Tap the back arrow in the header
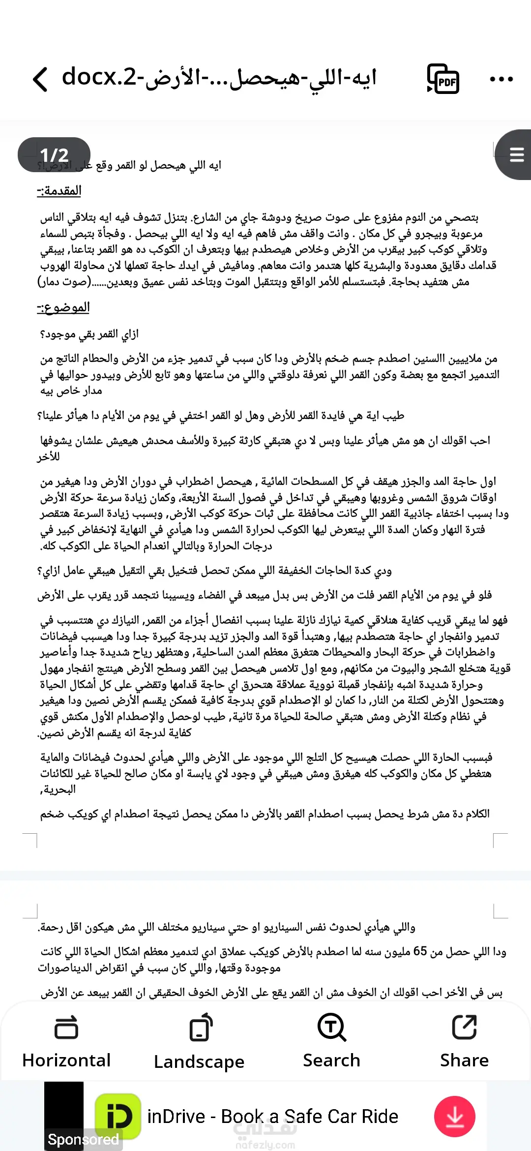coord(40,79)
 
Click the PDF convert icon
coord(443,79)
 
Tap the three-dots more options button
coord(501,79)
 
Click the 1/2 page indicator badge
coord(54,155)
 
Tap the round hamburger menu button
coord(516,155)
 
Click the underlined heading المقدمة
coord(59,191)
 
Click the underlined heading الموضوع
coord(63,308)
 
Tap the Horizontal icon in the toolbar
coord(66,1028)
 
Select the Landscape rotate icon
coord(200,1028)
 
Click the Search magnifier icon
coord(332,1027)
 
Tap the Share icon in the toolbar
coord(464,1027)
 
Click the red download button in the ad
coord(454,1116)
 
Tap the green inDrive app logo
coord(118,1116)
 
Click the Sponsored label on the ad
coord(84,1139)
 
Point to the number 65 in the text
coord(420,951)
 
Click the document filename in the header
coord(219,78)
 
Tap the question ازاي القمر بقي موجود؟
coord(89,334)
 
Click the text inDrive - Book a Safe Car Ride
coord(273,1117)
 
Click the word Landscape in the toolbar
coord(199,1062)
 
